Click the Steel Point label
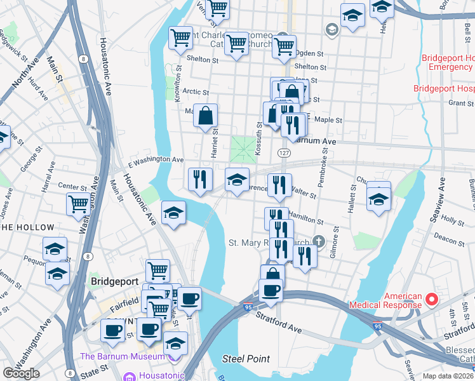point(246,359)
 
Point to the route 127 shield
point(283,153)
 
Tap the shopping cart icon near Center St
point(79,204)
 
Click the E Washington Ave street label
point(156,159)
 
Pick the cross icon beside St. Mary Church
point(318,241)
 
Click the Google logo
point(21,373)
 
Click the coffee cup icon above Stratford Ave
point(271,291)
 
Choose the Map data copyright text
point(451,375)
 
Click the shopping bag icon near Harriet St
point(205,116)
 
